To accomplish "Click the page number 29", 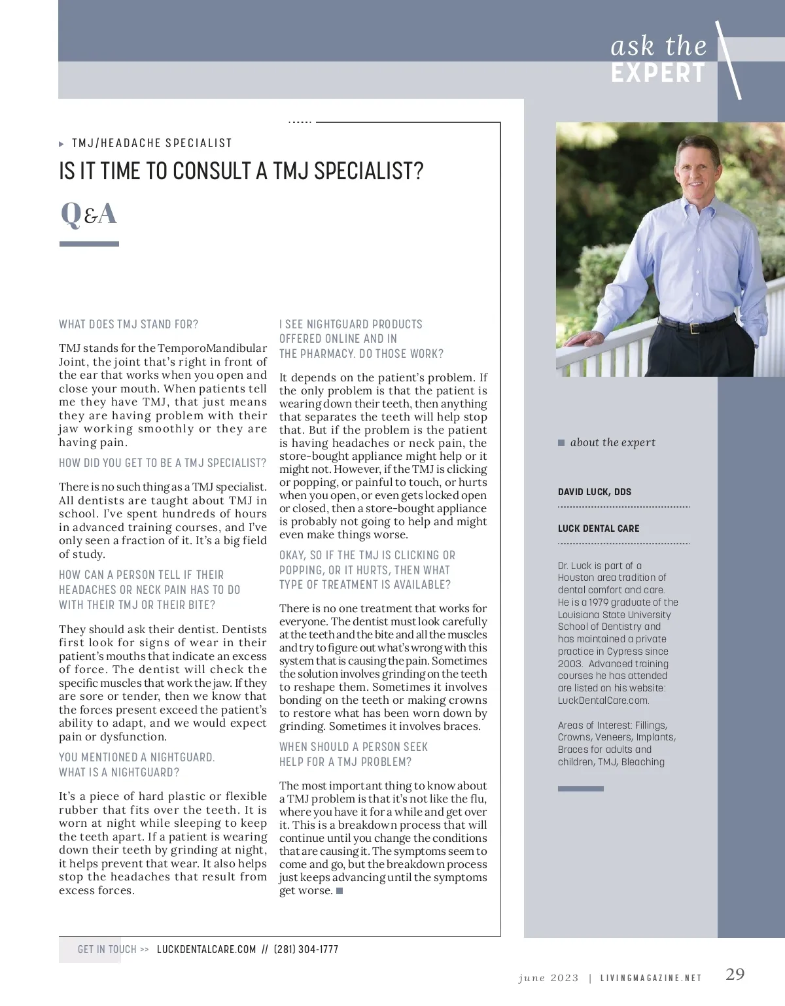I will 735,974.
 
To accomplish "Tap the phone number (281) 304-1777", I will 305,949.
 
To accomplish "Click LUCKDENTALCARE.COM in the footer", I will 206,949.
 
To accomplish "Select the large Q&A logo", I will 89,214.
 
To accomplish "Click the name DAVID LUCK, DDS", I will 595,492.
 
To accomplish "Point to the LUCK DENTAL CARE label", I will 599,529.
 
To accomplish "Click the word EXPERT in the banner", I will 658,73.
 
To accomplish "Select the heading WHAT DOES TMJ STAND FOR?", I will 128,324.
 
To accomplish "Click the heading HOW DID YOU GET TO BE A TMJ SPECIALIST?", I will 162,463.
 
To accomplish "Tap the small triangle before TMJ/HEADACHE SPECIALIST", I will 61,144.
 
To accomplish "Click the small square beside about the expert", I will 561,443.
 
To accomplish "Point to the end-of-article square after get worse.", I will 340,891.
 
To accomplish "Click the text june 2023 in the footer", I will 548,978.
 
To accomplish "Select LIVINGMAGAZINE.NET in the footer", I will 650,978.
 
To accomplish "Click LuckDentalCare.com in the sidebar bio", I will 603,701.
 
